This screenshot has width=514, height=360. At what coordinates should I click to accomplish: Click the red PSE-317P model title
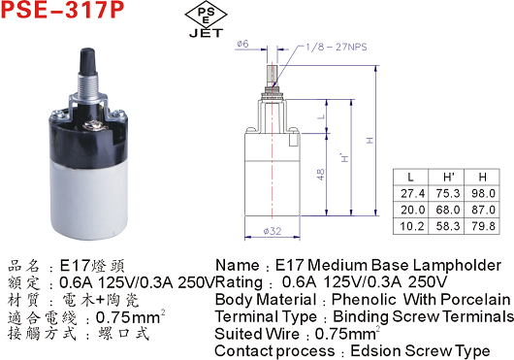pyautogui.click(x=62, y=9)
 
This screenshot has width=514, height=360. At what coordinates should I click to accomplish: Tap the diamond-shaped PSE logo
pyautogui.click(x=206, y=15)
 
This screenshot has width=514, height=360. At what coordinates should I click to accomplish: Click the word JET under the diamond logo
pyautogui.click(x=206, y=33)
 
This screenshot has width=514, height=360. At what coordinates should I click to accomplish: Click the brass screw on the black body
pyautogui.click(x=89, y=125)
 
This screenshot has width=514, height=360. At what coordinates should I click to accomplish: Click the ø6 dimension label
pyautogui.click(x=242, y=44)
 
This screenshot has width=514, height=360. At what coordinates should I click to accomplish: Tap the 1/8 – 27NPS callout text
pyautogui.click(x=337, y=47)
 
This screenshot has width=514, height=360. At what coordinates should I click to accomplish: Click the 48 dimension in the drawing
pyautogui.click(x=321, y=174)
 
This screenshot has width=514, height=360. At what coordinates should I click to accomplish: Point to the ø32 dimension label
pyautogui.click(x=273, y=231)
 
